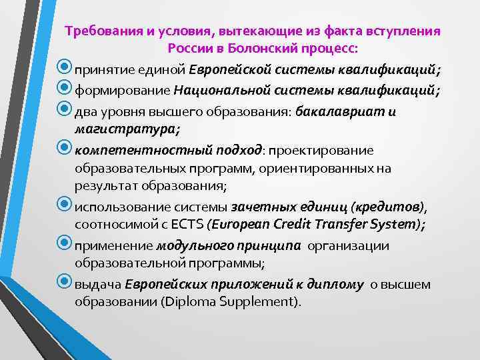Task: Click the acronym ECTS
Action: coord(203,224)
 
